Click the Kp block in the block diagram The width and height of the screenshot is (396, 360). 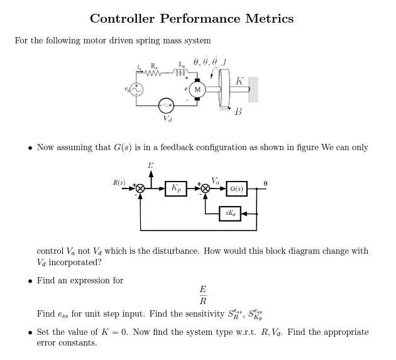point(176,188)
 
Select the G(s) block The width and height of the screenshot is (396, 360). point(236,188)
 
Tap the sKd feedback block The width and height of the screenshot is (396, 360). point(230,213)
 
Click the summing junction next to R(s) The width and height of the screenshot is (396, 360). point(140,188)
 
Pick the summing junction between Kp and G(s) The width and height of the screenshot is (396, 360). point(204,188)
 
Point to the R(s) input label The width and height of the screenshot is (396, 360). point(119,183)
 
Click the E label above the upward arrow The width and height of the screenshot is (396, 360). point(150,165)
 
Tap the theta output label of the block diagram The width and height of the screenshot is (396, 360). point(265,183)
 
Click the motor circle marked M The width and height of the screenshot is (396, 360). point(197,89)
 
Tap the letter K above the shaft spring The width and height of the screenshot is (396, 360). point(239,81)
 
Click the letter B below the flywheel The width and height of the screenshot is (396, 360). point(238,112)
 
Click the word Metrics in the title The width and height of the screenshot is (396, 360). point(264,18)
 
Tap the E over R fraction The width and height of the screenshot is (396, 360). point(202,295)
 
